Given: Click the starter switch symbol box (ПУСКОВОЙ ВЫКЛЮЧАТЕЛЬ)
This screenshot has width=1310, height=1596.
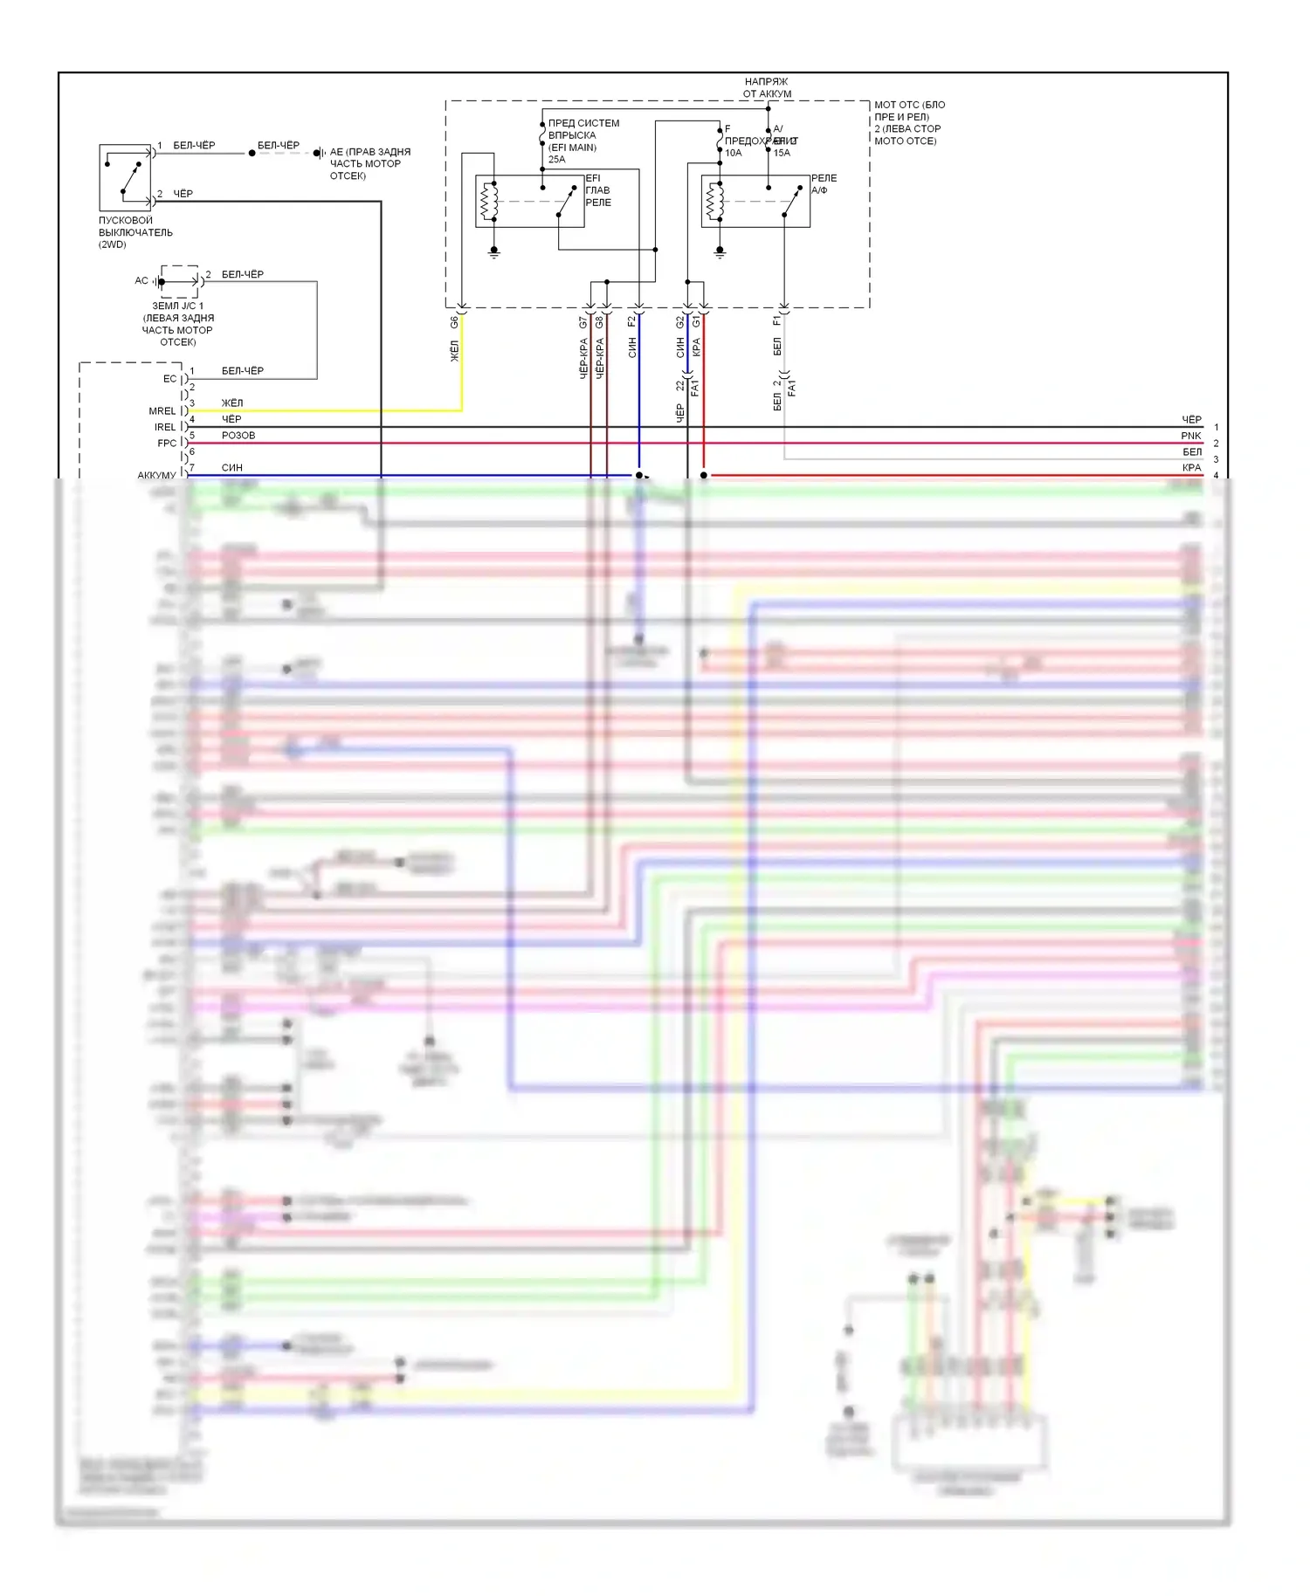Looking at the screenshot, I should pos(125,177).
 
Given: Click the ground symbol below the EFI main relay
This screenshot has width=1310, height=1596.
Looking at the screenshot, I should pos(494,252).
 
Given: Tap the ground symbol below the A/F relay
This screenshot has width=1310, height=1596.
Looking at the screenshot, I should pos(720,252).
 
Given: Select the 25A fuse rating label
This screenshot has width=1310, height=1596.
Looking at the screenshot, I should pos(556,160).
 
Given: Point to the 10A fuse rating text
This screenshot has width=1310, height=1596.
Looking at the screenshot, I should pos(733,153).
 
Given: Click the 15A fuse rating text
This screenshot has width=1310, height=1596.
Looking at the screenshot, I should pos(782,153).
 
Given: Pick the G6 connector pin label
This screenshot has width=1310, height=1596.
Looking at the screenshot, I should pos(454,322).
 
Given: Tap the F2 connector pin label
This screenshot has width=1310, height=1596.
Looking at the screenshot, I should pos(632,322).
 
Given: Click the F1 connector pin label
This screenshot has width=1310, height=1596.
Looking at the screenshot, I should pos(777,321).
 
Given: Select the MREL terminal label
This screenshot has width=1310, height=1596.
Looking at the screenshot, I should pos(162,411).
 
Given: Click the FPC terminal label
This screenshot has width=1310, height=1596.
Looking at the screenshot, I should pos(166,444).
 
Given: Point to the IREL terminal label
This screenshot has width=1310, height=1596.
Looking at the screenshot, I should pos(164,427).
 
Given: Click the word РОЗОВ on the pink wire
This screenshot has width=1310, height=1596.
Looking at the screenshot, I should pos(238,436).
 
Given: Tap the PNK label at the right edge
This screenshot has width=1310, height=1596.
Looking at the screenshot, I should pos(1191,436).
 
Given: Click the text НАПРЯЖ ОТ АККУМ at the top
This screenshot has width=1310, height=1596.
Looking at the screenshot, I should pos(767,87).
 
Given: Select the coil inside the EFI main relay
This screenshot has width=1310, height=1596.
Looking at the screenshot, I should pos(489,202).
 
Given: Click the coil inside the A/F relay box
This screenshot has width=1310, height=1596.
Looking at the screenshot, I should pos(714,202).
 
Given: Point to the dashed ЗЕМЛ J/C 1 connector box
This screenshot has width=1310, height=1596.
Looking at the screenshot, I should pos(179,281).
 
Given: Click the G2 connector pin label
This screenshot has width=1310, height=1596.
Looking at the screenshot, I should pos(680,322).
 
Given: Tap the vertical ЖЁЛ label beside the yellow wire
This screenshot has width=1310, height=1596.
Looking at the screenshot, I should pos(454,351).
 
